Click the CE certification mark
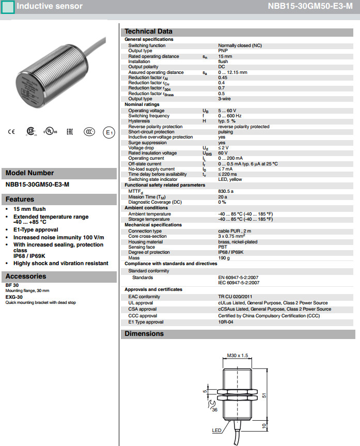point(11,132)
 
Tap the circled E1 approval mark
point(108,132)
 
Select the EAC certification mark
point(70,132)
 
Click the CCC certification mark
point(90,132)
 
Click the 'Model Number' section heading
point(29,173)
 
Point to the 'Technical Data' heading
point(148,32)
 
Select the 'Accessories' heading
point(26,276)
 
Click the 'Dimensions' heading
point(144,334)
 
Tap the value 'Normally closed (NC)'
point(240,45)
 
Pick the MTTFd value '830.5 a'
point(226,191)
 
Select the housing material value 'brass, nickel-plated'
point(238,242)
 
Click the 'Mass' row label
point(134,258)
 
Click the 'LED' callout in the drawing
point(217,430)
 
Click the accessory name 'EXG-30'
point(14,298)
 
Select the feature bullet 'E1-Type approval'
point(36,229)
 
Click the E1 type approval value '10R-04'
point(226,322)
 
